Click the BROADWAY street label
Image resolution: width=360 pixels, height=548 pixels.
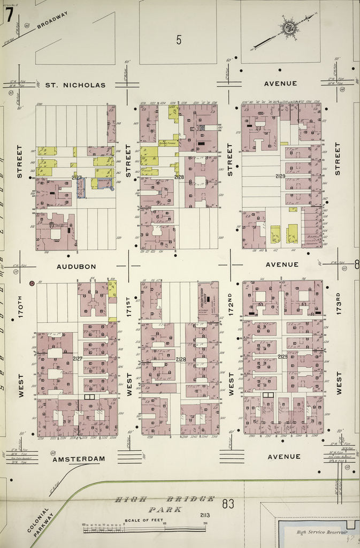[52, 20]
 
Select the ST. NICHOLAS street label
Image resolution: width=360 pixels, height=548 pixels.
[75, 85]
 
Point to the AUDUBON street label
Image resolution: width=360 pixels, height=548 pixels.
[76, 266]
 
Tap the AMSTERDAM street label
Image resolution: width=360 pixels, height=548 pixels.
[79, 459]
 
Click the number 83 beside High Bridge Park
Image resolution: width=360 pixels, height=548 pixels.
[228, 503]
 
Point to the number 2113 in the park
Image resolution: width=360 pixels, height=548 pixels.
[205, 515]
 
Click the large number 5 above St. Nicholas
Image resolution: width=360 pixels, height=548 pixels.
[179, 39]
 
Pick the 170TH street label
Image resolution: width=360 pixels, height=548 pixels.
[21, 308]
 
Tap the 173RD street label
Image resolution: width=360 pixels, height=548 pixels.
[338, 304]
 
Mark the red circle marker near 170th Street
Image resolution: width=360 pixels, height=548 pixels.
[32, 283]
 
